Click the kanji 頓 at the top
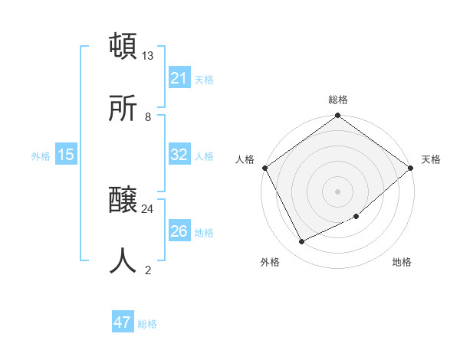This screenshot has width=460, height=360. tap(123, 46)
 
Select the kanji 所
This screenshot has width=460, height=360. tap(123, 110)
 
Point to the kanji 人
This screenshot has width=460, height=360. tap(123, 261)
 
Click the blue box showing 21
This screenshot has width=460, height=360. tap(179, 78)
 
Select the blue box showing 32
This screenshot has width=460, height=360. tap(179, 155)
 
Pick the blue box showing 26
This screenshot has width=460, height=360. tap(179, 231)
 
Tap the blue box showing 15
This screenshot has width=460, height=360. tap(66, 155)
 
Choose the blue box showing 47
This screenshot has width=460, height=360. tap(123, 322)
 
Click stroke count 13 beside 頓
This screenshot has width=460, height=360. tap(148, 56)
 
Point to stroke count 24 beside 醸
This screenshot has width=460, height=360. tap(148, 208)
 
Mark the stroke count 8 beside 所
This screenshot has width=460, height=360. tap(148, 117)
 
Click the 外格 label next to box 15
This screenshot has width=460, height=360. tap(41, 155)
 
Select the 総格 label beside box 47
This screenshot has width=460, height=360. tap(147, 323)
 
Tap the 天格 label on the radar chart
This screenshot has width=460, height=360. tap(431, 159)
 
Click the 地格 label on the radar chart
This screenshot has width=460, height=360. tap(402, 262)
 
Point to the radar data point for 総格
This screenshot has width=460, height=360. tap(337, 116)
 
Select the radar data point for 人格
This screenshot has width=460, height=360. tap(264, 168)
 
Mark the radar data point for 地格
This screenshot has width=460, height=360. tap(356, 217)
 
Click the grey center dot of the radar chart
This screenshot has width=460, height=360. tap(337, 191)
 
